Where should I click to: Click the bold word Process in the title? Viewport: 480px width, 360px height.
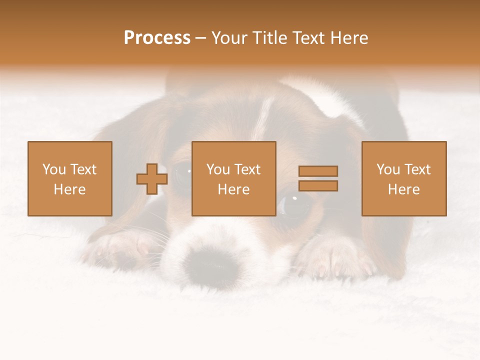[x=157, y=38]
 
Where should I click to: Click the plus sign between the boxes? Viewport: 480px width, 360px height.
[x=152, y=179]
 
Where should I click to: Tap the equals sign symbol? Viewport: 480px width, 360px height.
[x=318, y=178]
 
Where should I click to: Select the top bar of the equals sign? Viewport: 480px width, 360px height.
[x=318, y=171]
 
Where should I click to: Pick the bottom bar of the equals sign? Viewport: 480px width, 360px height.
[x=318, y=185]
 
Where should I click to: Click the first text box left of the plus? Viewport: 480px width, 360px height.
[x=70, y=179]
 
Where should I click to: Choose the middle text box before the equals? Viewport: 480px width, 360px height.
[x=234, y=179]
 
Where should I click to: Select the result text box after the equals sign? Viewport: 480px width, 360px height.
[x=404, y=179]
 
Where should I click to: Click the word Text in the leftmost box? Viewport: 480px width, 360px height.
[x=83, y=169]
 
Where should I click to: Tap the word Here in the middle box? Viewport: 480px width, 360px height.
[x=234, y=189]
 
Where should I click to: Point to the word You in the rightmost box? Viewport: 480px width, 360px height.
[x=388, y=169]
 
